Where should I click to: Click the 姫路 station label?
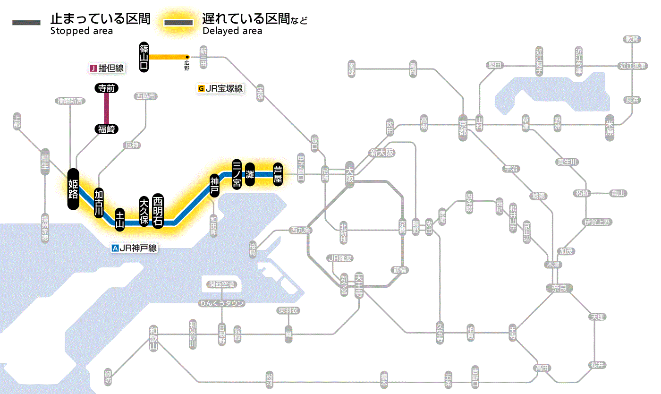pyautogui.click(x=73, y=188)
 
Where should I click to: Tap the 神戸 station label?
pyautogui.click(x=215, y=186)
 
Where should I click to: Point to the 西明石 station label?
pyautogui.click(x=158, y=210)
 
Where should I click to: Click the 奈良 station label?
pyautogui.click(x=559, y=288)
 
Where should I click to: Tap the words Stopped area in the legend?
pyautogui.click(x=81, y=31)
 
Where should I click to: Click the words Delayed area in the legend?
pyautogui.click(x=232, y=31)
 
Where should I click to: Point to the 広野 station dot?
pyautogui.click(x=187, y=56)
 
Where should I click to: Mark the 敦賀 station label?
pyautogui.click(x=632, y=39)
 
